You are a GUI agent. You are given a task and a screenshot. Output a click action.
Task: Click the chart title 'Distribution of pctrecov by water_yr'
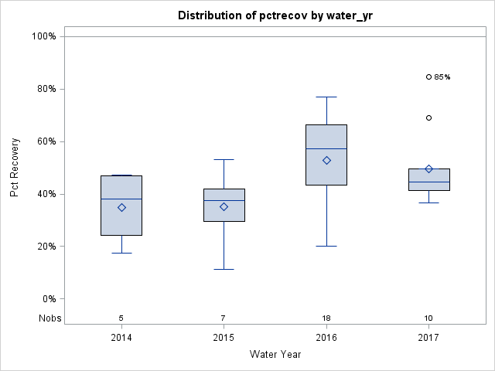[275, 15]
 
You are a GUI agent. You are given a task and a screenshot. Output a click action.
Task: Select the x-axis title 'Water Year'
[275, 355]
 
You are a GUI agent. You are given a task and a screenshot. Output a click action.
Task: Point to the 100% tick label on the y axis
[43, 36]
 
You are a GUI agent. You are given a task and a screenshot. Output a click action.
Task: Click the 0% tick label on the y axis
[48, 299]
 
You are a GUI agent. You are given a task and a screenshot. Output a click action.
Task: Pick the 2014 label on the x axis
[121, 338]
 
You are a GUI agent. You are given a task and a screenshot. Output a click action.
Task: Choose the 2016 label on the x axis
[326, 338]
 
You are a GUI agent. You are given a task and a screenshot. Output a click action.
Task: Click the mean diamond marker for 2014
[121, 207]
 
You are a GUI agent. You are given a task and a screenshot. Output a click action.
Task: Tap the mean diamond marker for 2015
[224, 206]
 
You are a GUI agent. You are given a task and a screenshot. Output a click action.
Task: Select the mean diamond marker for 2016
[326, 160]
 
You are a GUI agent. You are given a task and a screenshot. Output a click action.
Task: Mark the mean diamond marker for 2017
[428, 168]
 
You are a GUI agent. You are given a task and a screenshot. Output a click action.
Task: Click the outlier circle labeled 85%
[428, 77]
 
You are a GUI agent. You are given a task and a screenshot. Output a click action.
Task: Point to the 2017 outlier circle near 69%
[428, 117]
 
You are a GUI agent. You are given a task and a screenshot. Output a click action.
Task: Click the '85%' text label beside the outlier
[442, 77]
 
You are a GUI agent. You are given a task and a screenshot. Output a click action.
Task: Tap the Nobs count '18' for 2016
[326, 318]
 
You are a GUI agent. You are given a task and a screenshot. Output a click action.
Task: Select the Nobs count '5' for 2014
[121, 318]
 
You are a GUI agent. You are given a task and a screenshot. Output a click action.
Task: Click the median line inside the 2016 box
[326, 148]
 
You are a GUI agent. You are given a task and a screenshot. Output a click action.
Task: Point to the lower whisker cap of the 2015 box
[224, 269]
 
